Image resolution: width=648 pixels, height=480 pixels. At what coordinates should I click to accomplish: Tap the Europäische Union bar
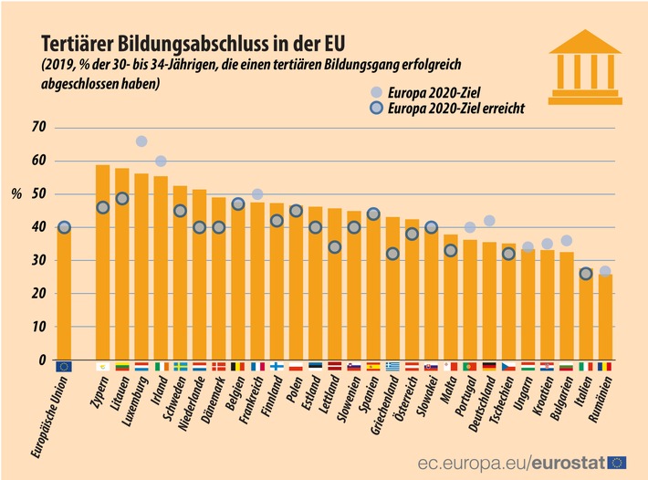click(x=64, y=292)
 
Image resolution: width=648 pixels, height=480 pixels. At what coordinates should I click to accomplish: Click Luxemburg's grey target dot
click(x=141, y=141)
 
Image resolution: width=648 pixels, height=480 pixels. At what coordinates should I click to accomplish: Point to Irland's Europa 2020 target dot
click(x=161, y=162)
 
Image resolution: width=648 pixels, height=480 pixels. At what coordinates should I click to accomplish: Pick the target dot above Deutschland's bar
click(x=489, y=221)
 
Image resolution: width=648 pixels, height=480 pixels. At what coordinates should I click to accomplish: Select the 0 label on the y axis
click(x=41, y=361)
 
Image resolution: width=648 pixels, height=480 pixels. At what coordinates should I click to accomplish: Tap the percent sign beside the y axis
click(x=16, y=193)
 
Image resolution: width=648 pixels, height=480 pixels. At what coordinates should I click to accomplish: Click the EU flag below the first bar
click(x=64, y=367)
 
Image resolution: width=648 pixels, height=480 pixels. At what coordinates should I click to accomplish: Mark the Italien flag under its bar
click(x=585, y=367)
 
